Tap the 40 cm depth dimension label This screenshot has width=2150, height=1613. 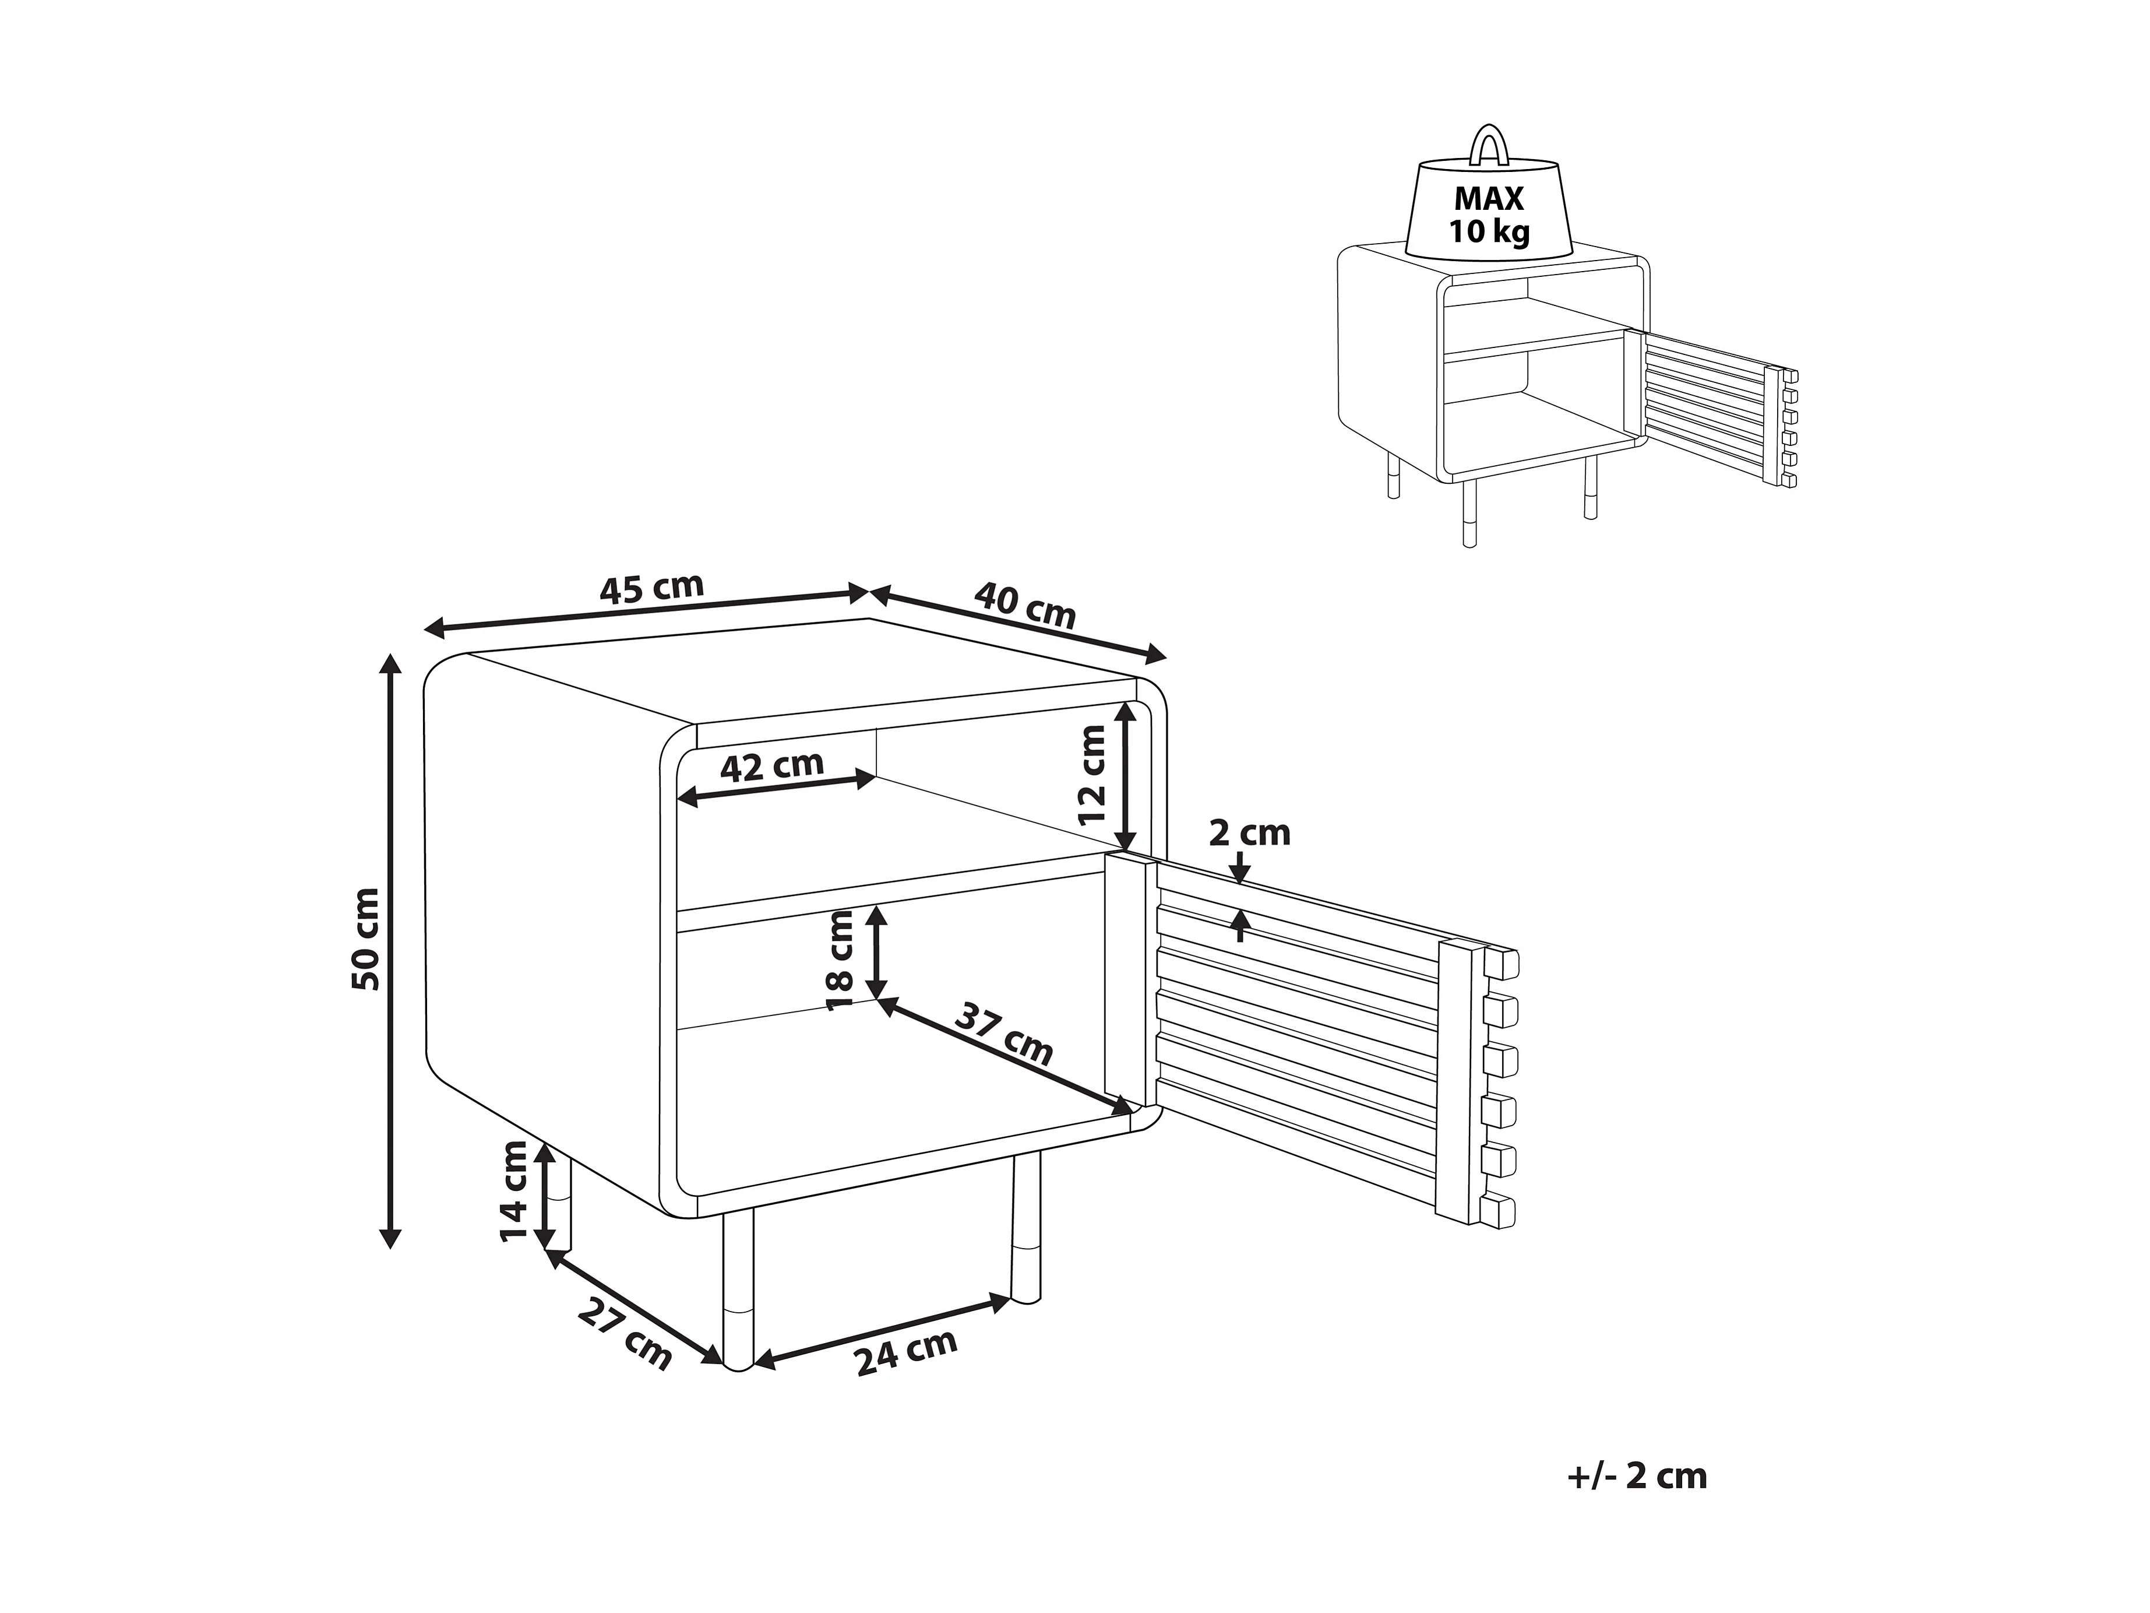[x=1025, y=604]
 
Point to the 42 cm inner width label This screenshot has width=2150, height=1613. [x=772, y=766]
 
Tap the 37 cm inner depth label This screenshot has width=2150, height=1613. [x=1004, y=1035]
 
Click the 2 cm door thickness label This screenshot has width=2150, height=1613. [x=1249, y=833]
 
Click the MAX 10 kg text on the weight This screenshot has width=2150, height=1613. [x=1488, y=215]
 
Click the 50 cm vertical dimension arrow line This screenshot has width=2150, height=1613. [x=390, y=951]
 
